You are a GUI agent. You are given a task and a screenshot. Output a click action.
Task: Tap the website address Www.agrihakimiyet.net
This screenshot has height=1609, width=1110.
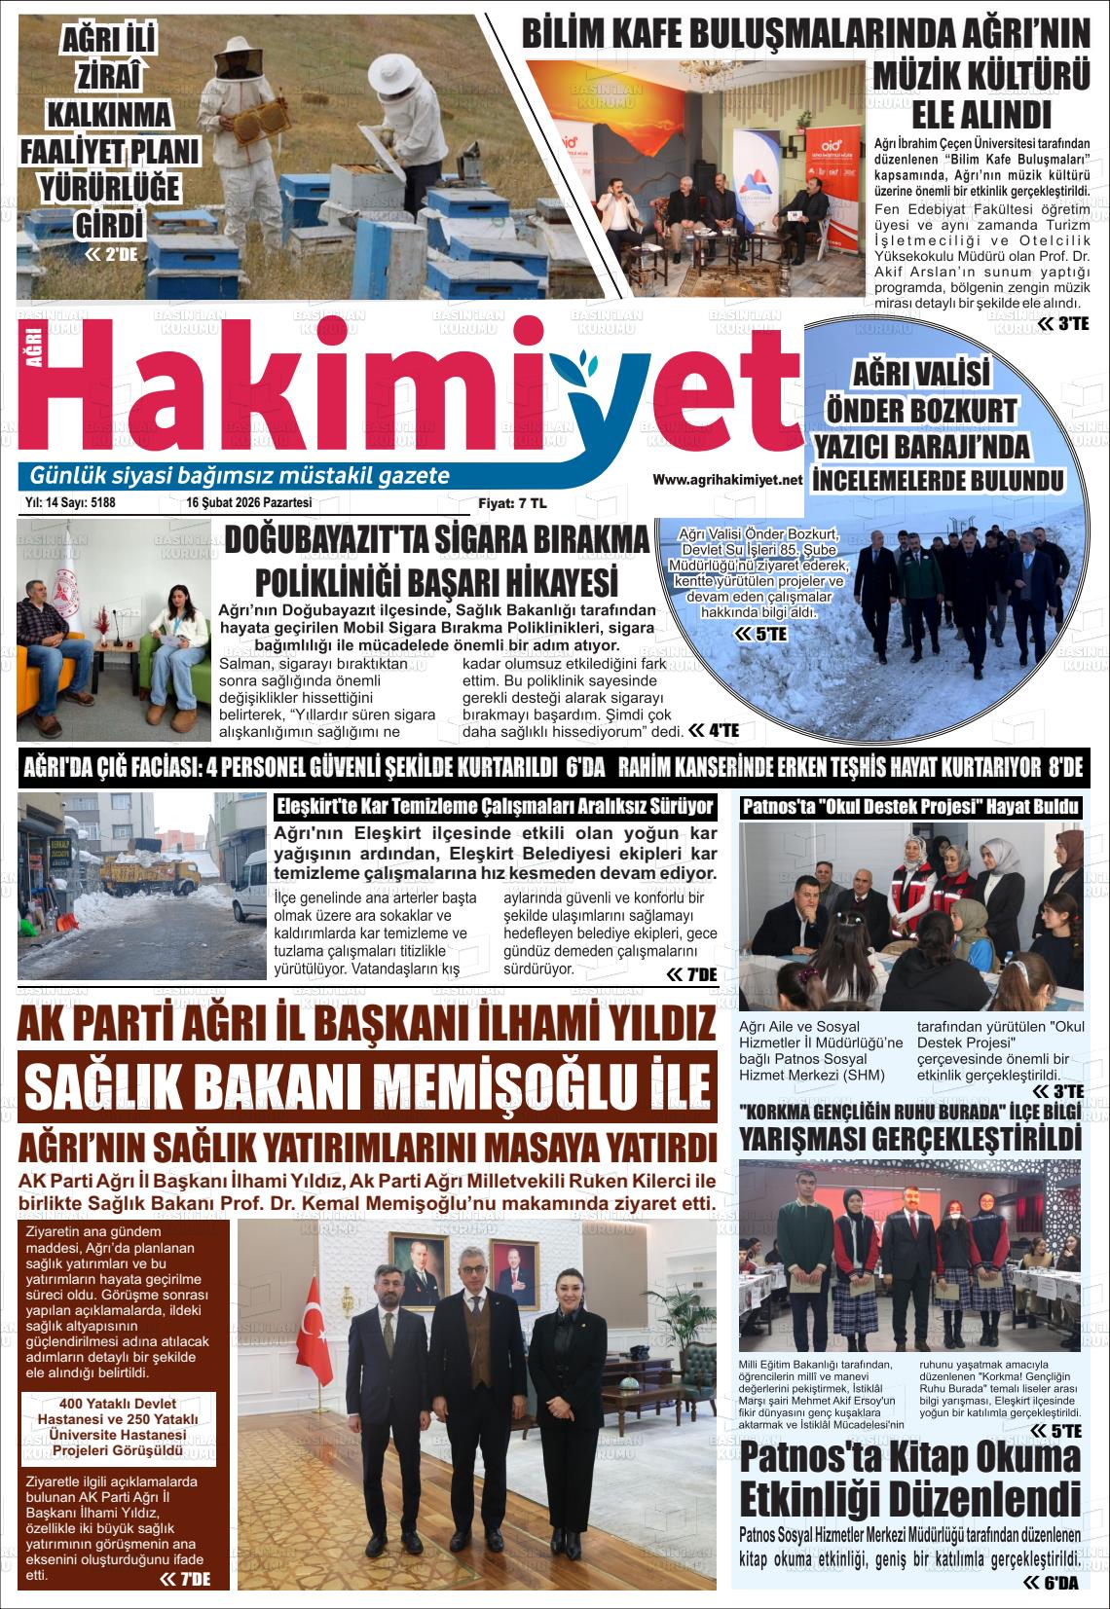tap(727, 480)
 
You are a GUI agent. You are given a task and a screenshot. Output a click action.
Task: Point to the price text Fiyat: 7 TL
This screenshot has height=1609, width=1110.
tap(512, 503)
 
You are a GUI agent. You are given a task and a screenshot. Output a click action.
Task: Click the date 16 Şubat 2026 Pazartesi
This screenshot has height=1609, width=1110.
tap(248, 503)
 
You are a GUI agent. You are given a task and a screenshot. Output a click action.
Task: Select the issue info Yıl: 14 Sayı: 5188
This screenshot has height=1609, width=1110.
tap(70, 503)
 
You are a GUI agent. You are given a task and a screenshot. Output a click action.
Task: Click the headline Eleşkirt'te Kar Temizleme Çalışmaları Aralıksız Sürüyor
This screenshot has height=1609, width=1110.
tap(497, 807)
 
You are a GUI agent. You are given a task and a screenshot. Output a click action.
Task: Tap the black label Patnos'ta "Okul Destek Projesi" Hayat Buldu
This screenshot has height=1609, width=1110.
tap(910, 807)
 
